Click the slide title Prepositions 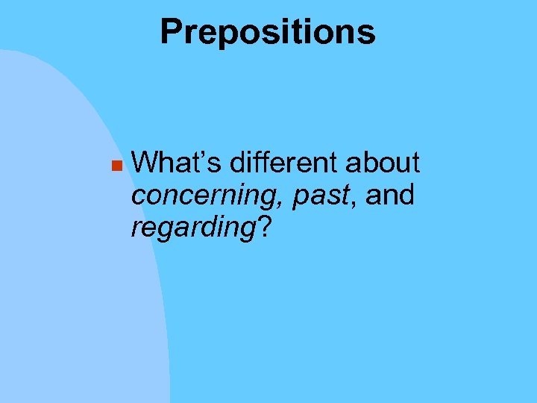(268, 32)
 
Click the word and (390, 195)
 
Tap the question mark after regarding (263, 228)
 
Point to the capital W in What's (145, 162)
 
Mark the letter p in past (300, 198)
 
